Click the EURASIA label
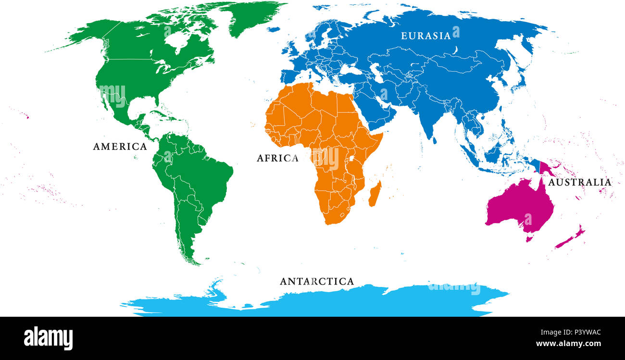pos(426,36)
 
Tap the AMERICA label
pos(120,147)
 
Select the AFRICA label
pos(277,158)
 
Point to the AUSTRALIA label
pos(580,183)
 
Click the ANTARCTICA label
pos(317,282)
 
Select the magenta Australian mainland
pos(519,207)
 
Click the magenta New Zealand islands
pos(570,238)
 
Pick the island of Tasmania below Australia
pos(529,238)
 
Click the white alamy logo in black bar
pos(48,338)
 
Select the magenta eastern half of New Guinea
pos(548,168)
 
